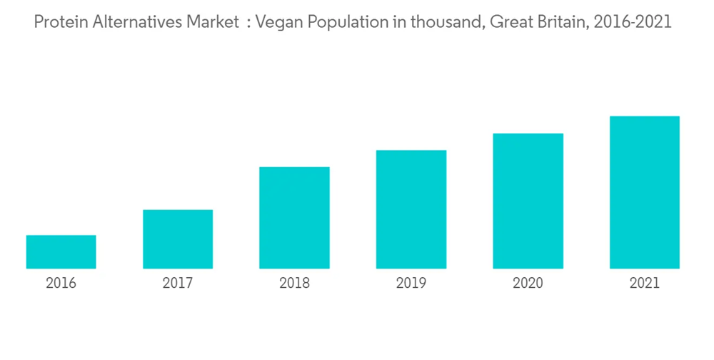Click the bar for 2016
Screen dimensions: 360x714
[61, 251]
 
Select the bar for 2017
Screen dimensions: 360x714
[178, 239]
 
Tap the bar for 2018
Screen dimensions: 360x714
[294, 217]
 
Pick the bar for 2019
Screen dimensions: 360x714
[411, 209]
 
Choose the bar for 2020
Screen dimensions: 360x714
[528, 201]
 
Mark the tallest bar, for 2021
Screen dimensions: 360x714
[644, 192]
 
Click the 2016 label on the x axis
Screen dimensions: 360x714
[61, 284]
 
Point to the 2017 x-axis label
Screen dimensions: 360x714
[178, 284]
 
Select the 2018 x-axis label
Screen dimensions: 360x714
[294, 284]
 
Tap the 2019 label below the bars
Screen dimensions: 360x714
[411, 284]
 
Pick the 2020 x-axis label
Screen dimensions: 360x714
[528, 284]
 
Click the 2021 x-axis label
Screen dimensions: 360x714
[644, 284]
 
